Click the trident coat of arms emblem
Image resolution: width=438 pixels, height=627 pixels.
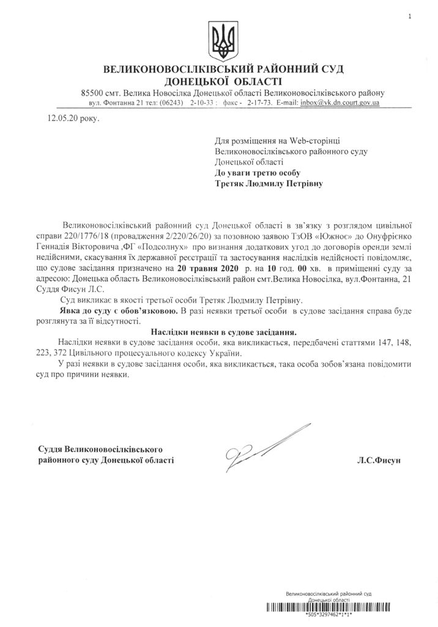pos(219,39)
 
